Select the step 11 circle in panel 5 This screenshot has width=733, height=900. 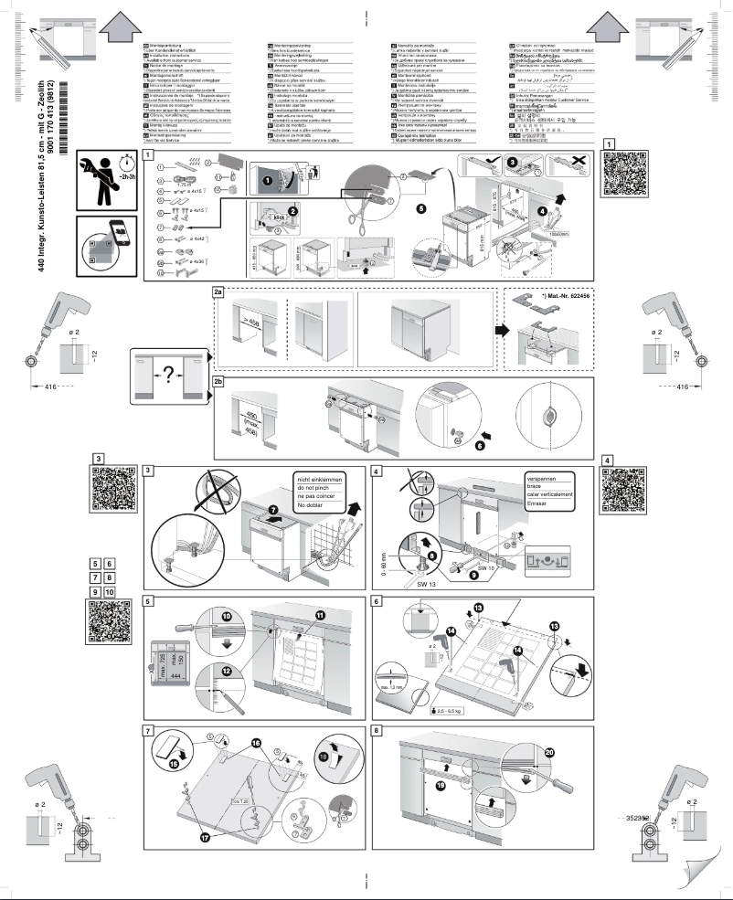[321, 616]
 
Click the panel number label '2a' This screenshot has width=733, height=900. [218, 291]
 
